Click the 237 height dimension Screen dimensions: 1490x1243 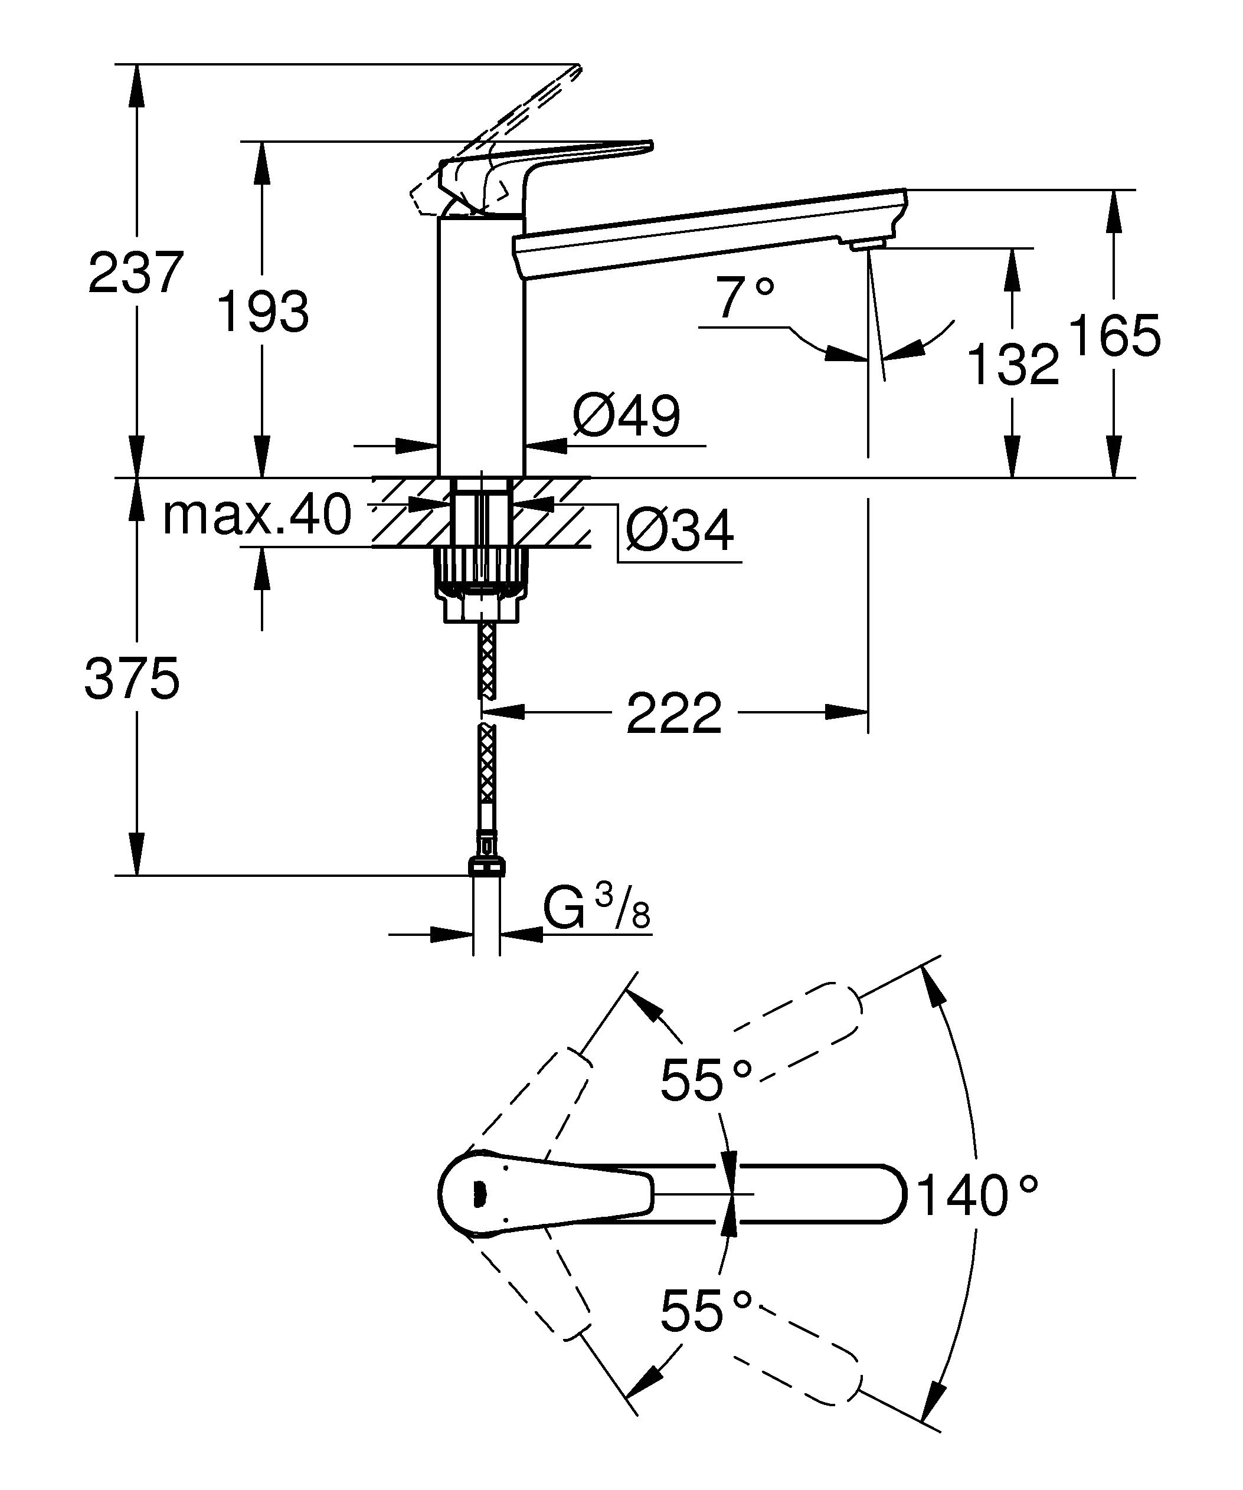[136, 273]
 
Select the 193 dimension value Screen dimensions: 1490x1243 [263, 312]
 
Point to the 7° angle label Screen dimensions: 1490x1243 [744, 299]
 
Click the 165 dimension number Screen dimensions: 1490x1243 [1114, 336]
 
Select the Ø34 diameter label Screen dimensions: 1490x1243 [680, 530]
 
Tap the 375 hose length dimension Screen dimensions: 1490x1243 [132, 679]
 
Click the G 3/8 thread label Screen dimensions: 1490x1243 [597, 909]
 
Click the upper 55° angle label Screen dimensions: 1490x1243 [705, 1080]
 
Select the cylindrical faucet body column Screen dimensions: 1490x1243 [481, 348]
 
